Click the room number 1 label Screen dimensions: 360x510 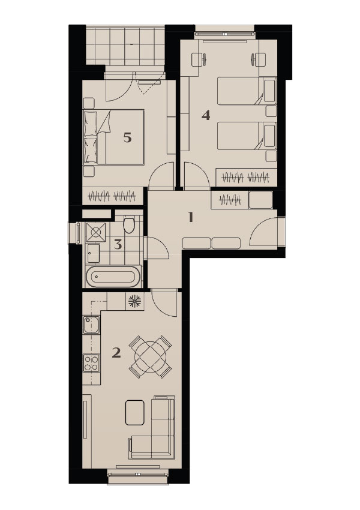point(191,217)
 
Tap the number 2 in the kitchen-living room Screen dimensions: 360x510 point(116,353)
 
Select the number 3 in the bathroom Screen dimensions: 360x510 point(118,244)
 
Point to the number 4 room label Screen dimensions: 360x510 point(206,115)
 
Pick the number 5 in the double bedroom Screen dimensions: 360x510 point(127,137)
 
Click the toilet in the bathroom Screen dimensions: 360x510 point(129,224)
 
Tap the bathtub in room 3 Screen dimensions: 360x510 point(113,277)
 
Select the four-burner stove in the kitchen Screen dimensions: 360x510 point(91,363)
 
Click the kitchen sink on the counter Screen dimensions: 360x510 point(91,325)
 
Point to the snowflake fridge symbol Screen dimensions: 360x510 point(134,301)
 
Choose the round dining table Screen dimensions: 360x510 point(150,357)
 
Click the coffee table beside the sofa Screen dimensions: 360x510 point(134,412)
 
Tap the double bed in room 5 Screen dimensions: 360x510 point(114,137)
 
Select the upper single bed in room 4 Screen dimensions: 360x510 point(247,91)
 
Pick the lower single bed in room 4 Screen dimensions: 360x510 point(247,136)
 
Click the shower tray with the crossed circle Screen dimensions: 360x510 point(95,232)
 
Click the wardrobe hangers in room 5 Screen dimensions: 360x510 point(112,196)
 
